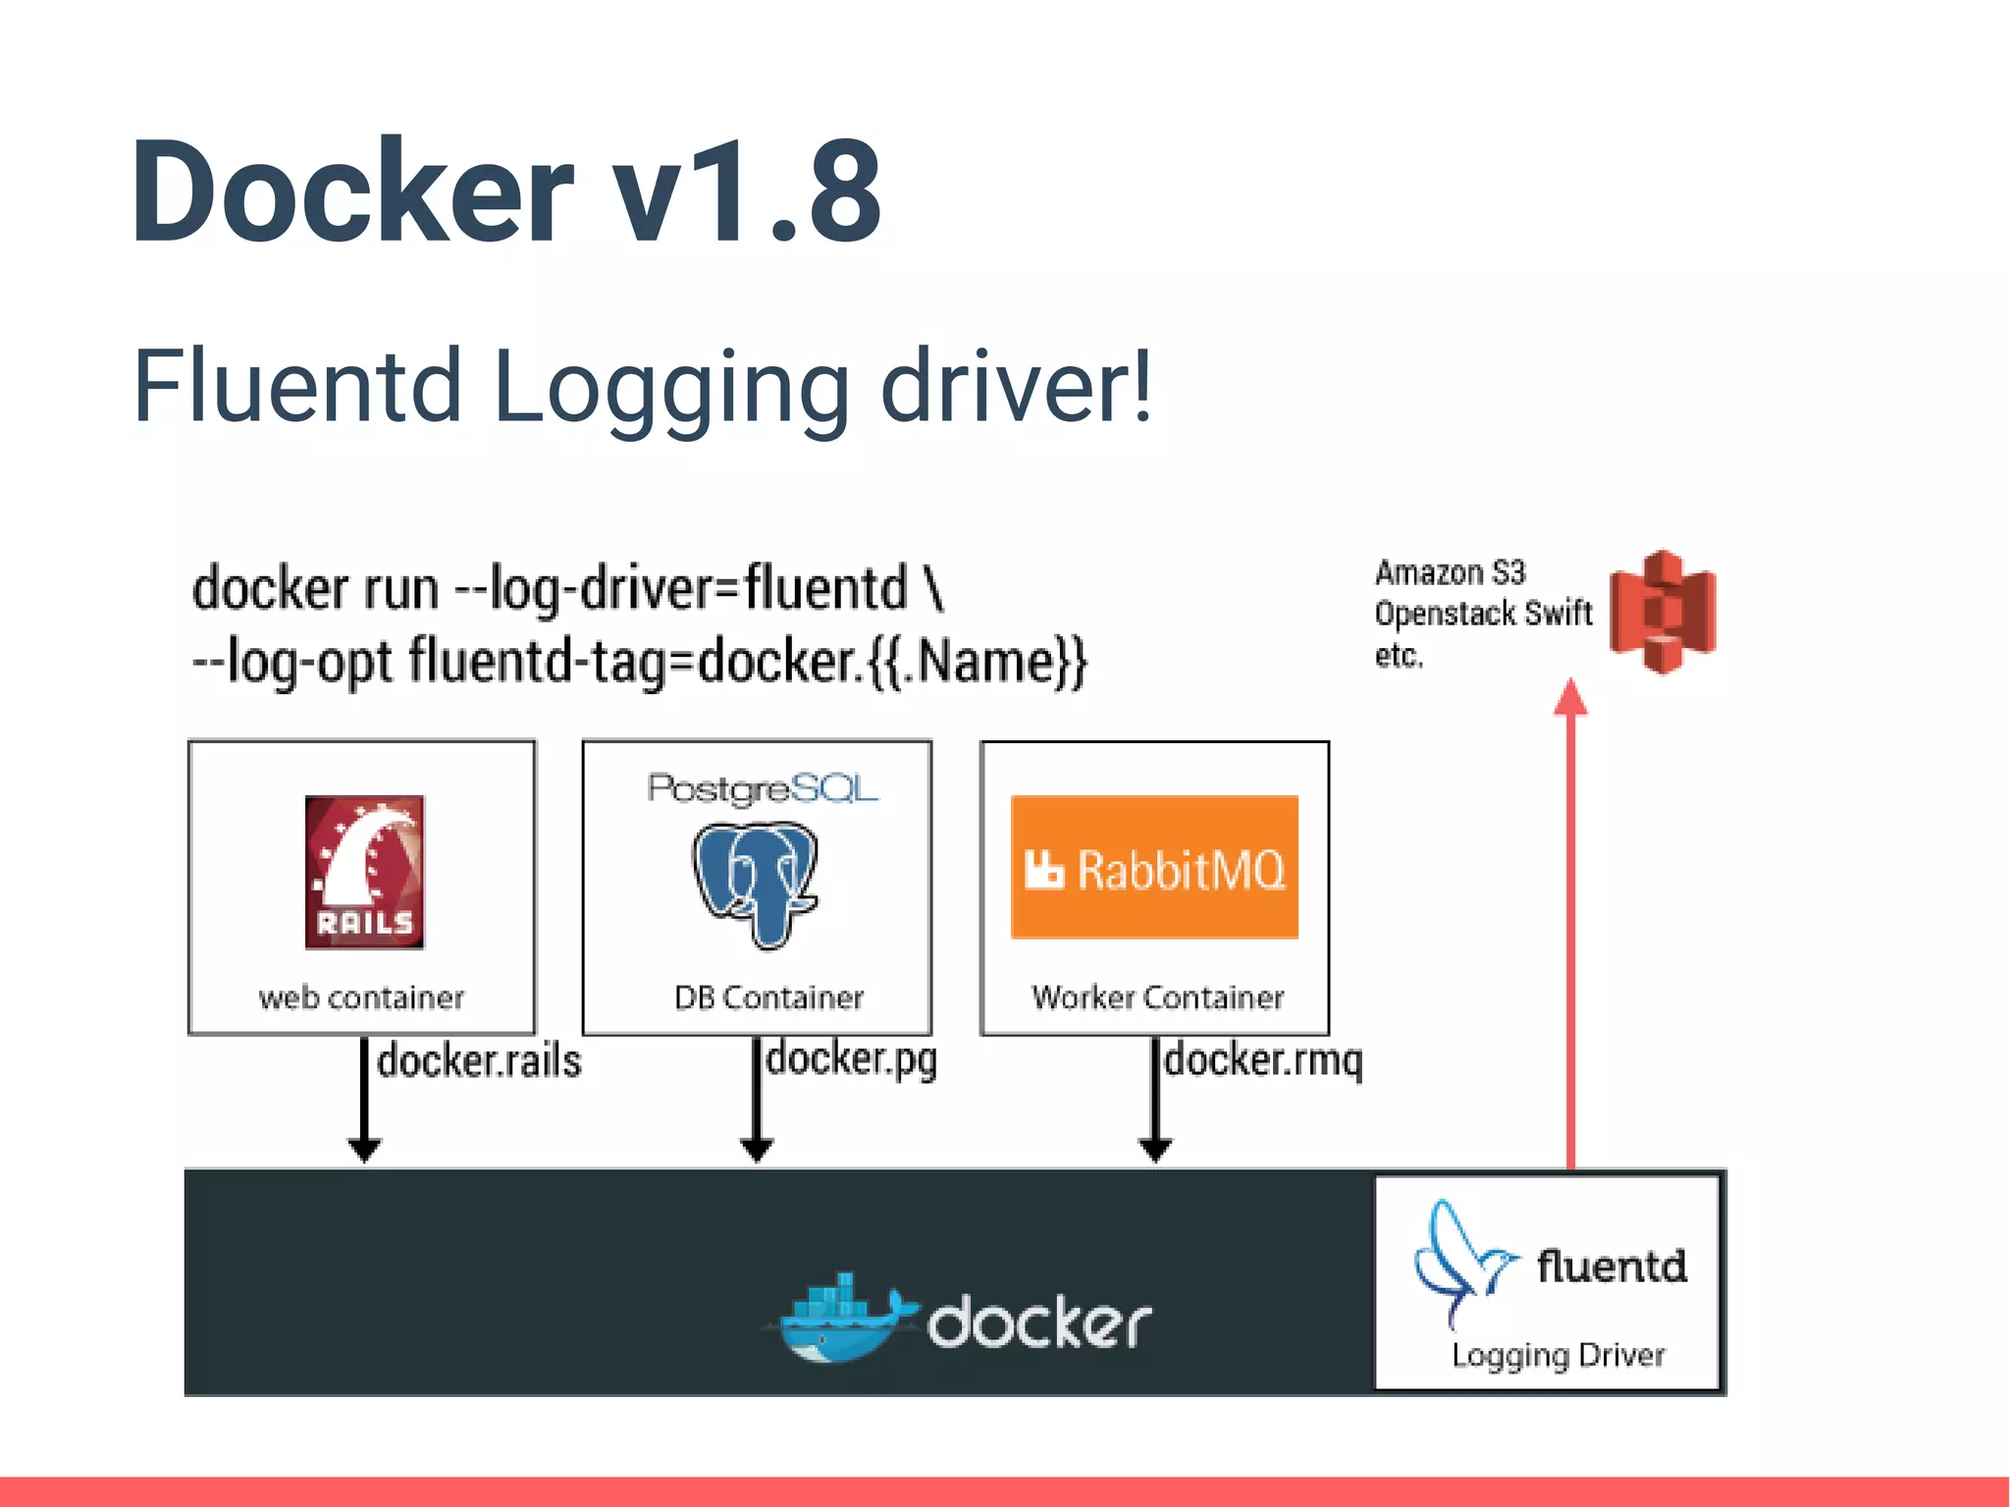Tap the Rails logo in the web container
(364, 872)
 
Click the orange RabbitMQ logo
(1154, 868)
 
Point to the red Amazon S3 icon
(1662, 612)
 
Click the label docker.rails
(479, 1061)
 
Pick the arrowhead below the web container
(364, 1150)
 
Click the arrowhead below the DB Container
(756, 1150)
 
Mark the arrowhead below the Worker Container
(1155, 1150)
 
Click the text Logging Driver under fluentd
(1558, 1356)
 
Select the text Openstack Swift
(1482, 614)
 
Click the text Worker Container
(1157, 997)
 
